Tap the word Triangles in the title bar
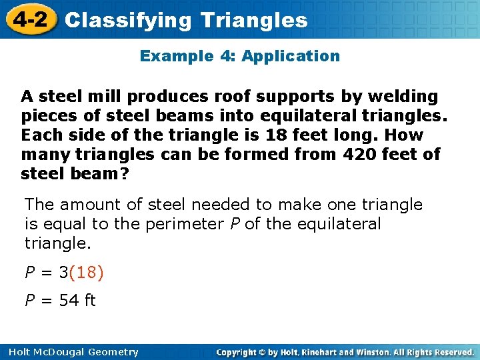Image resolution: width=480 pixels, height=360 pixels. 254,20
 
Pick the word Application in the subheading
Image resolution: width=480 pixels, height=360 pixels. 291,56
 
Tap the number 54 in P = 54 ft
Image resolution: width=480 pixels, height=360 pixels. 69,301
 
